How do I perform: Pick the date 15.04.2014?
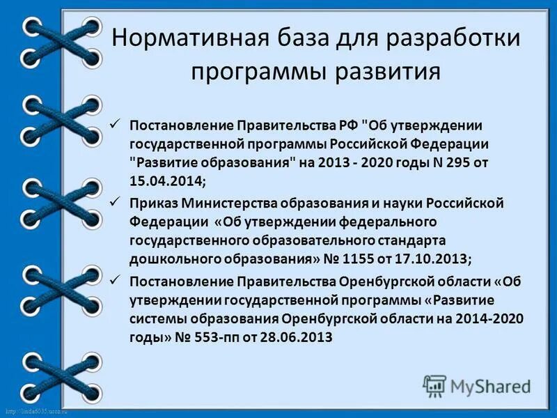166,180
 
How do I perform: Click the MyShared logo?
477,385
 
